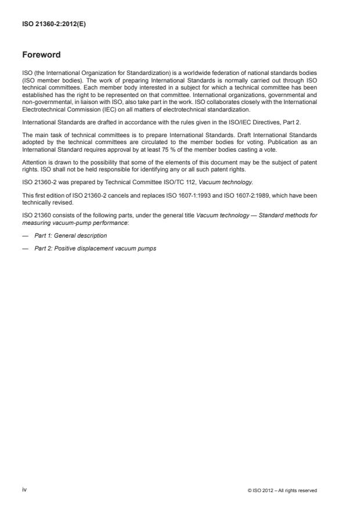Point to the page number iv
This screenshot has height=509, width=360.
(24, 490)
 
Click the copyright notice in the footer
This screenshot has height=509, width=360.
(282, 490)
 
